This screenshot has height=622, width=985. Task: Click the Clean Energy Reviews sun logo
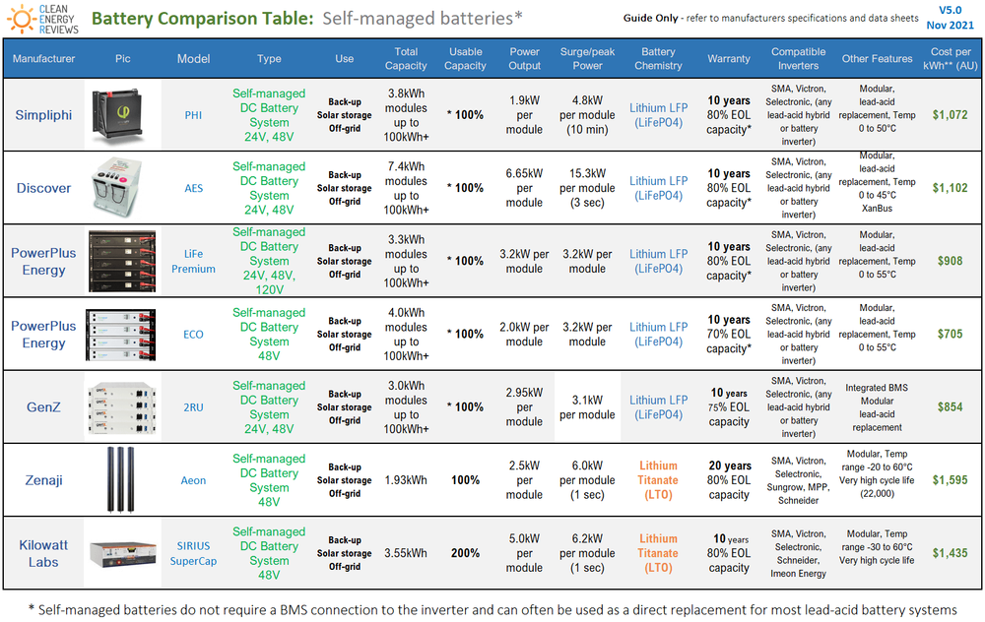tap(21, 18)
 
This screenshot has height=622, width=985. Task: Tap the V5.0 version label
tap(950, 10)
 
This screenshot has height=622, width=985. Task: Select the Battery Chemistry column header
tap(658, 58)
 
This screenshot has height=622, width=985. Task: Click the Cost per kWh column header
tap(952, 58)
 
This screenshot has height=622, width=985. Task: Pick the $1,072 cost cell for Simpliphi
tap(952, 115)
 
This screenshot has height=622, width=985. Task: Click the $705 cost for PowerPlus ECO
tap(952, 334)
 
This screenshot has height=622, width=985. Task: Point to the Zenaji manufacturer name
tap(43, 480)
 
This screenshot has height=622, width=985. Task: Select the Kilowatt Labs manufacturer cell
tap(43, 553)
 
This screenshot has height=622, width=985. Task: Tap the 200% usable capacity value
tap(465, 553)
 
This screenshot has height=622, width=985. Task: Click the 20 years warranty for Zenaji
tap(729, 466)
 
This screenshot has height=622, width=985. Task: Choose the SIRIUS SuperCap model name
tap(194, 553)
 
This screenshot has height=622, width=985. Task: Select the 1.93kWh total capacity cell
tap(406, 480)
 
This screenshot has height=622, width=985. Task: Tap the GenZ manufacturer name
tap(43, 406)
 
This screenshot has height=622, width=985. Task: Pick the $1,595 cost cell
tap(952, 480)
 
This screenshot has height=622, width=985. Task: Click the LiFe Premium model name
tap(194, 261)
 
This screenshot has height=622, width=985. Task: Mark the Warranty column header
tap(729, 58)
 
